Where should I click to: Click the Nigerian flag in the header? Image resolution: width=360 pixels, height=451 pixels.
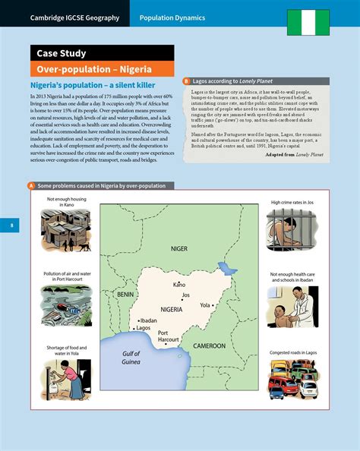point(308,23)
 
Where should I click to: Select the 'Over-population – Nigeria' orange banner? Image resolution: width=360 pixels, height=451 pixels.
point(88,68)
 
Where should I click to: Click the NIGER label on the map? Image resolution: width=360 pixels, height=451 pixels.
point(179,248)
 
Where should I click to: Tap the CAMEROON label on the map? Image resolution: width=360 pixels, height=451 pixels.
point(208,346)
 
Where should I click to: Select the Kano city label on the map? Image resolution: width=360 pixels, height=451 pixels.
point(179,285)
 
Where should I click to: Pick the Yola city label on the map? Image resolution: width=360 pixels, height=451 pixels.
point(204,304)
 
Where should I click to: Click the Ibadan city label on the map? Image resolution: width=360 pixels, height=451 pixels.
point(149,320)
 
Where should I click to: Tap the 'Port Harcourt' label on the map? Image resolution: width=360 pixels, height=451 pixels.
point(168,336)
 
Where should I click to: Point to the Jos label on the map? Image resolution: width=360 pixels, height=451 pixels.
point(186,295)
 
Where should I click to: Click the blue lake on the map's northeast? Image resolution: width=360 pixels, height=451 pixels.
point(223,267)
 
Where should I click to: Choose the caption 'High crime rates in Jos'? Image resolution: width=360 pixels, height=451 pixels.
point(292,203)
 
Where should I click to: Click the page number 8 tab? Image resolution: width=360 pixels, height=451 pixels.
point(5,225)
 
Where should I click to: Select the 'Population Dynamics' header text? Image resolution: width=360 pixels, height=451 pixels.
point(172,17)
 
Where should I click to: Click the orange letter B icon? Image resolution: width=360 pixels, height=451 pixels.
point(186,80)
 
